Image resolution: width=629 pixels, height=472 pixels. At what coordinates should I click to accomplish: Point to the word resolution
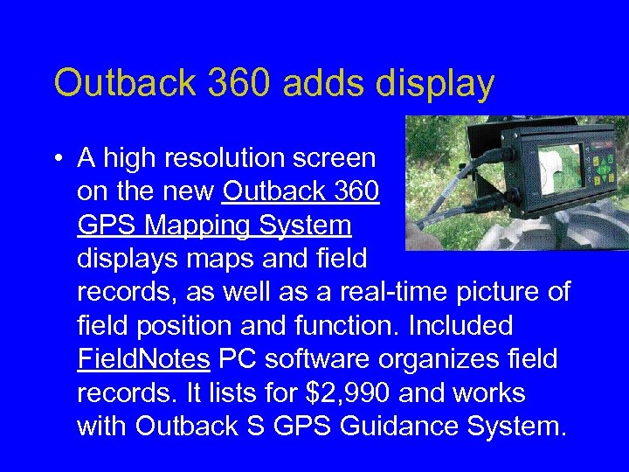click(x=230, y=158)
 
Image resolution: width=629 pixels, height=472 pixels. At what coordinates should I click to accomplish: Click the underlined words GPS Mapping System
click(x=214, y=226)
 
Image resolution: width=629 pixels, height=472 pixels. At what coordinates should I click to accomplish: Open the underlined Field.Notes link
click(x=142, y=359)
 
